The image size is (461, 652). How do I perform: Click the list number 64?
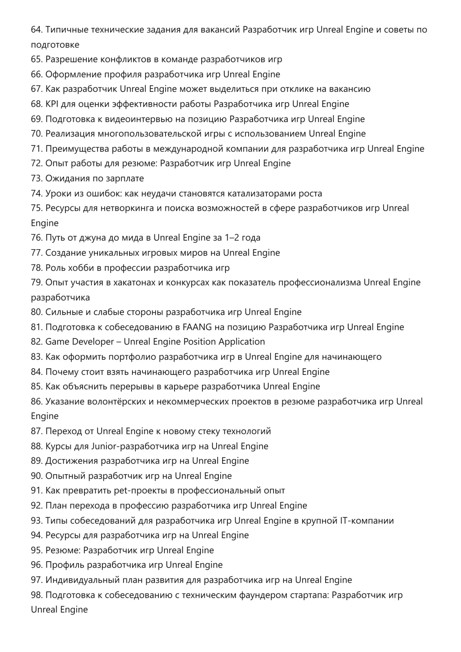[36, 30]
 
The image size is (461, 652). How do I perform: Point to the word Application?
[242, 342]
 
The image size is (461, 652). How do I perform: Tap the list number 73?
[36, 179]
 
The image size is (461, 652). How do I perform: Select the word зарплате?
[125, 179]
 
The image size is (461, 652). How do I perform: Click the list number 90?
[36, 476]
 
